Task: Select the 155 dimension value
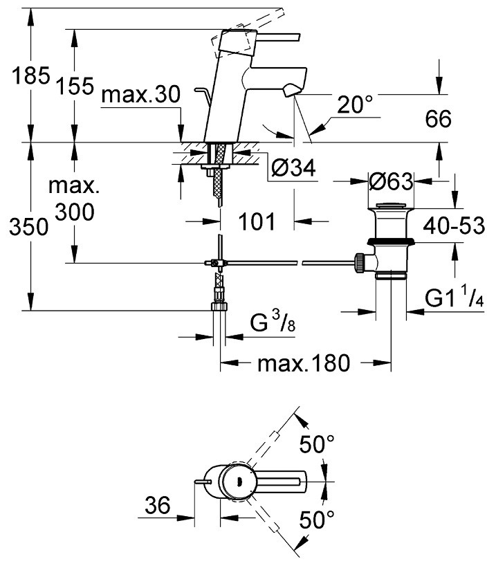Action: tap(75, 86)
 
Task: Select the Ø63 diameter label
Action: tap(391, 183)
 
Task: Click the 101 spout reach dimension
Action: tap(257, 222)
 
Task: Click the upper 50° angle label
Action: tap(318, 444)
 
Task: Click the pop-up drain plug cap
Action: tap(392, 205)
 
